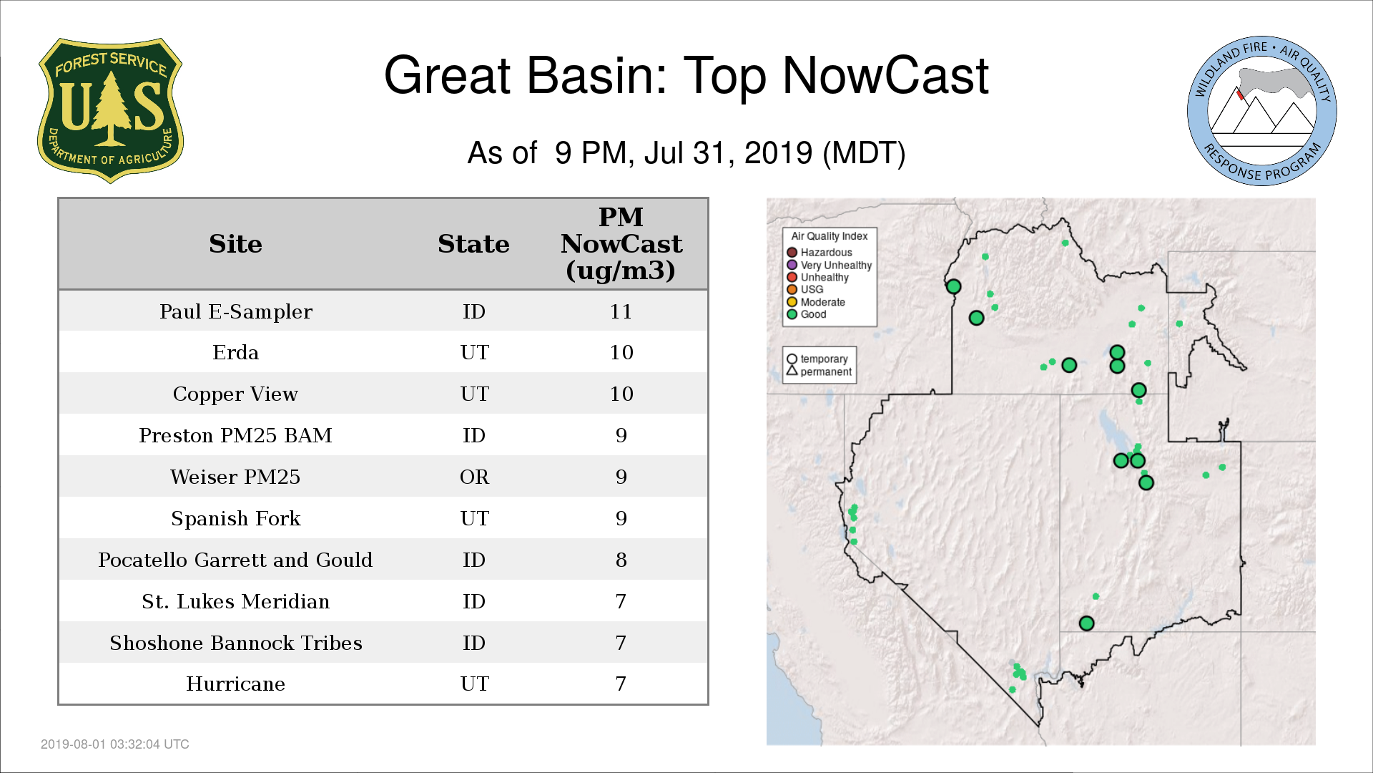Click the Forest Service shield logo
pos(110,110)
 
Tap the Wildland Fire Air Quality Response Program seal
pos(1262,111)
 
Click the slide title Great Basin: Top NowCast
pos(686,75)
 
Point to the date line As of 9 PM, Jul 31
pos(686,152)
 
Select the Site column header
pos(235,244)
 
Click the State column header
pos(473,244)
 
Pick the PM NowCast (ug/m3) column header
pos(621,243)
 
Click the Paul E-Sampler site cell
pos(236,311)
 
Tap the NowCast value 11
pos(621,311)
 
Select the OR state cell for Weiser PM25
pos(474,477)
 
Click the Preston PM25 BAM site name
pos(235,435)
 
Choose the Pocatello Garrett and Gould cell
pos(235,560)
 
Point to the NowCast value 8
pos(621,560)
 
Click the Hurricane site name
pos(235,684)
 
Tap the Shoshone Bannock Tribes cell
pos(235,643)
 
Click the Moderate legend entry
pos(816,302)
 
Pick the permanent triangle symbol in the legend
pos(792,371)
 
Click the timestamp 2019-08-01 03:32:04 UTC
pos(115,744)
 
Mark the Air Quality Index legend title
pos(830,236)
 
